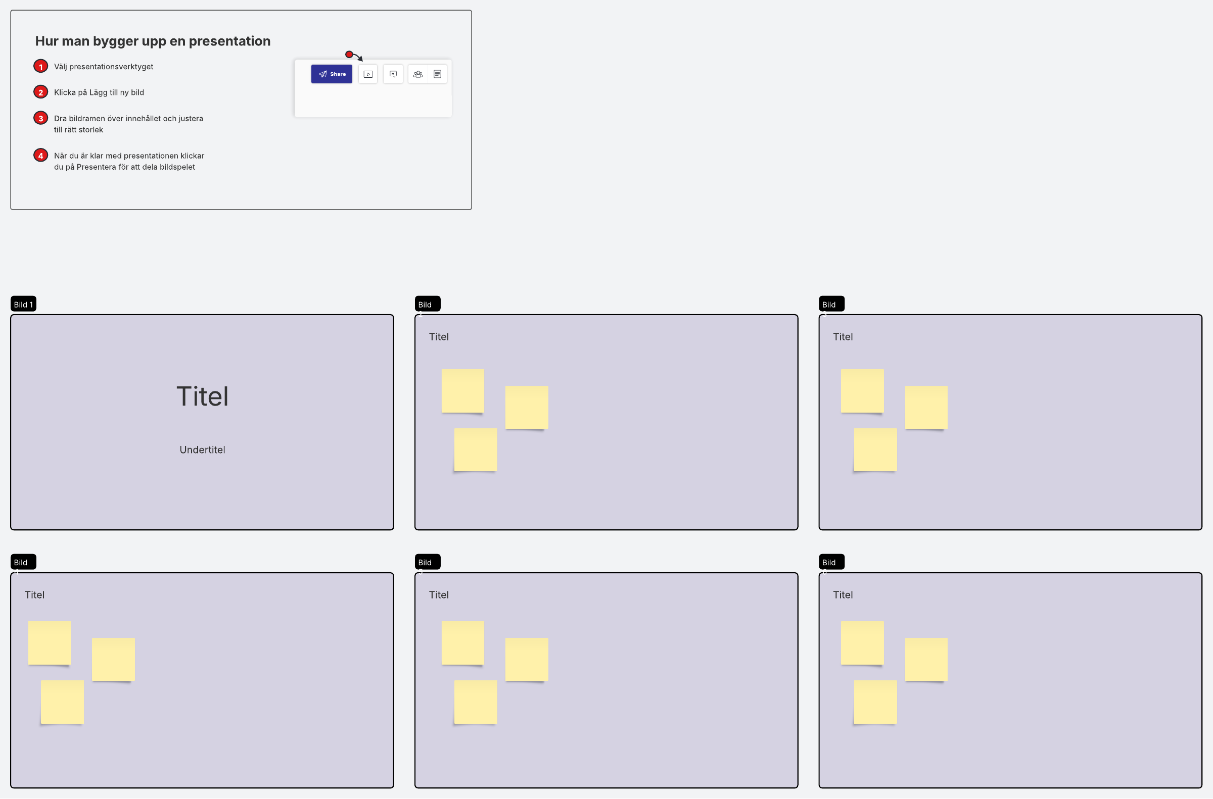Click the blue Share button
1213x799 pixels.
tap(332, 74)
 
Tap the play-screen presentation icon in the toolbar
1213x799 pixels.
tap(367, 74)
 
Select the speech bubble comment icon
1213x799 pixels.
tap(393, 74)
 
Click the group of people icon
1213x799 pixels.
tap(418, 74)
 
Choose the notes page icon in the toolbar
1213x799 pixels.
tap(438, 74)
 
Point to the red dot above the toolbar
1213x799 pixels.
tap(349, 54)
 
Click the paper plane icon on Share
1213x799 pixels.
tap(323, 74)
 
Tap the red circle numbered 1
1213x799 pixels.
tap(41, 66)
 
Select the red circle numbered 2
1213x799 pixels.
tap(41, 92)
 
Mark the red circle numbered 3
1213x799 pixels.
tap(41, 118)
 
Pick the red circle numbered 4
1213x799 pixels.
tap(41, 156)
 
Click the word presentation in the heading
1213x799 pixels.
tap(229, 41)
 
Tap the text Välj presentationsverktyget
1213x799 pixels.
tap(104, 67)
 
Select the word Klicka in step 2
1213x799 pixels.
tap(65, 92)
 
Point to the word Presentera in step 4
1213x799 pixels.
tap(96, 167)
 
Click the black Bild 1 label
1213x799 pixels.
tap(23, 304)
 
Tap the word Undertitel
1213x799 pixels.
tap(203, 450)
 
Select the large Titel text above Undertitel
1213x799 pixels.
tap(203, 396)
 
